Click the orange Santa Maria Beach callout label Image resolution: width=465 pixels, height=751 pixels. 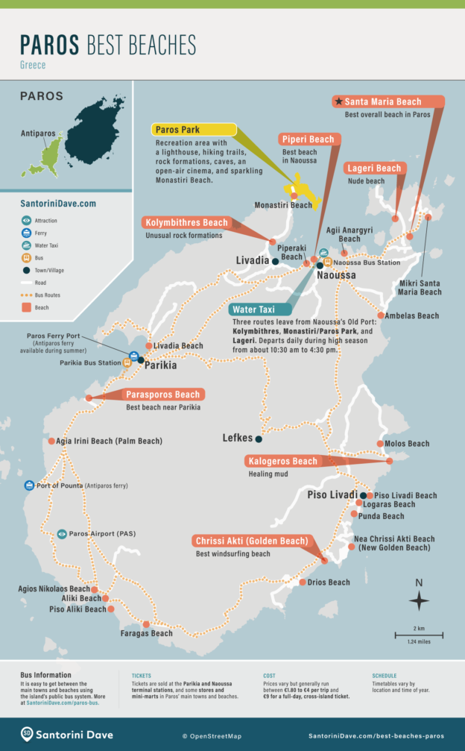(387, 102)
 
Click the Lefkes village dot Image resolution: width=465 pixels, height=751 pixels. (259, 439)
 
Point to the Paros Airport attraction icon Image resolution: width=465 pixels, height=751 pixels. (62, 534)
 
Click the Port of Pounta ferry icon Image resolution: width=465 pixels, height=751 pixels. (29, 486)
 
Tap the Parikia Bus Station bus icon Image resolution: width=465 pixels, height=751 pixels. (127, 363)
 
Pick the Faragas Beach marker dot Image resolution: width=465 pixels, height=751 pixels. (146, 624)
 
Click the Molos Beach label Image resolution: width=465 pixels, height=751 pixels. (407, 444)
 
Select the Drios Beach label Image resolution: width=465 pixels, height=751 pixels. (329, 582)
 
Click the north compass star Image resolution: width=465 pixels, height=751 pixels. (419, 600)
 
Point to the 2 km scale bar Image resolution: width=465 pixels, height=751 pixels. (419, 635)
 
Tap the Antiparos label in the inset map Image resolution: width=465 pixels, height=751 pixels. (38, 134)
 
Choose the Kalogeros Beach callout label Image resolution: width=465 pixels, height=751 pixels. (284, 462)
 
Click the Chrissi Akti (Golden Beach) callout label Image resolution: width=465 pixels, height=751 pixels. (251, 541)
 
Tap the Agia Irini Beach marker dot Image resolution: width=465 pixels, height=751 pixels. (51, 441)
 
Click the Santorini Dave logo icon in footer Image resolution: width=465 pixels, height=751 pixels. (27, 734)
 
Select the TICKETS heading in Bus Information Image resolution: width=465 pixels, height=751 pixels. (142, 676)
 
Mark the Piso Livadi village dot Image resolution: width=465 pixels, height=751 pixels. (363, 495)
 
